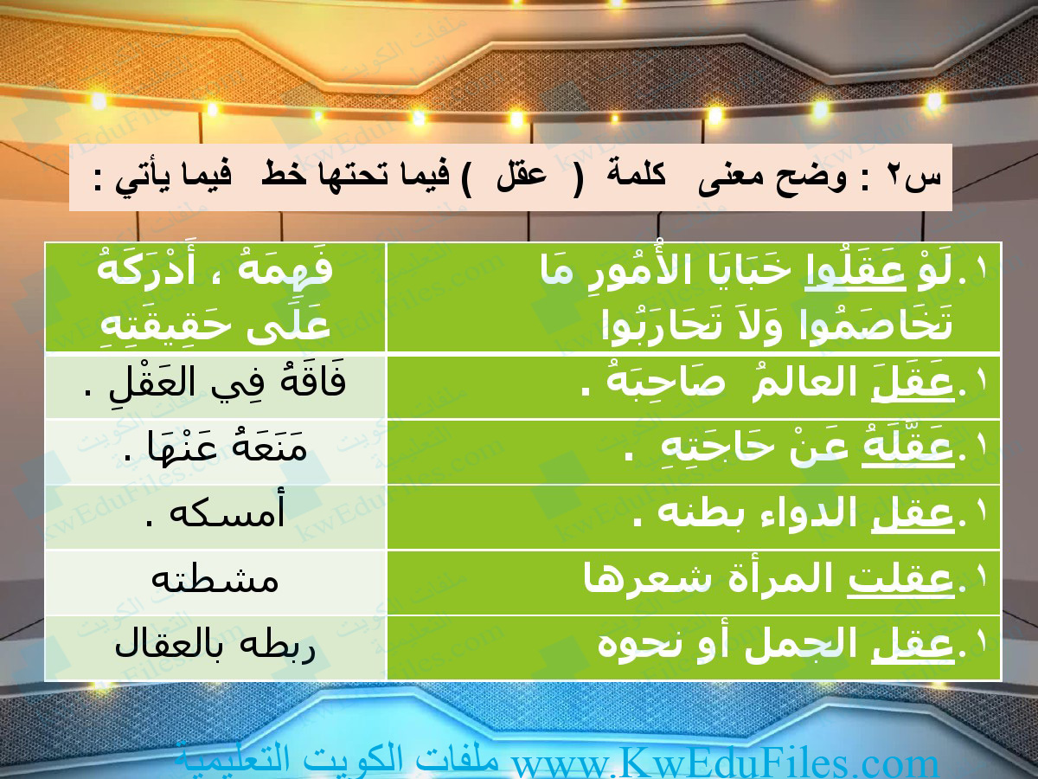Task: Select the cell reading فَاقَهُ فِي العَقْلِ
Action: pos(215,386)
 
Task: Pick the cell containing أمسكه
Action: pos(215,516)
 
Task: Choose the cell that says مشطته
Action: pos(215,582)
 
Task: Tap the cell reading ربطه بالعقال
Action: pos(215,647)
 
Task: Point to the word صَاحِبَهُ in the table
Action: pos(666,383)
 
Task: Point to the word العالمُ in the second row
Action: pos(803,383)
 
